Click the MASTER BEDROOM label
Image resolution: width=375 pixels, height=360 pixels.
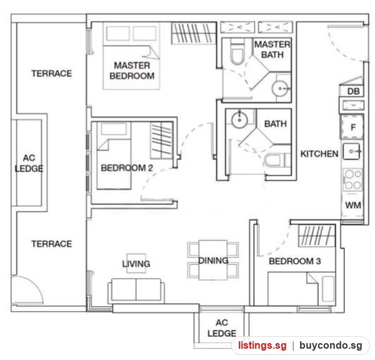point(132,71)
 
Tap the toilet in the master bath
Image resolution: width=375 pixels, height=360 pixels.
point(237,52)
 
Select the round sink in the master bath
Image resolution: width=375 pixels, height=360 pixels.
point(279,89)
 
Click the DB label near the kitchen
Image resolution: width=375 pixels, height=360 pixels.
point(353,91)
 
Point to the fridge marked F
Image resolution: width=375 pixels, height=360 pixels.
point(352,127)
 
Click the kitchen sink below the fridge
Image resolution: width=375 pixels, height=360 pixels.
point(351,151)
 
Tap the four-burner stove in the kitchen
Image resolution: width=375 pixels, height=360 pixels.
point(352,179)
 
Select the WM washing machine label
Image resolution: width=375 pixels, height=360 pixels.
point(353,205)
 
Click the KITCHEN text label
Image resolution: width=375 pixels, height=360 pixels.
point(319,154)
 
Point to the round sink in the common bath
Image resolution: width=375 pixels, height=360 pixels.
point(239,120)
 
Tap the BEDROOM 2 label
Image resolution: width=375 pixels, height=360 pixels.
point(127,168)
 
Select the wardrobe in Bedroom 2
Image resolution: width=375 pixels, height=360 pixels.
point(162,140)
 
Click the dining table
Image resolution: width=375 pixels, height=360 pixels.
point(213,260)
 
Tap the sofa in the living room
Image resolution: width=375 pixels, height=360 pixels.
point(136,290)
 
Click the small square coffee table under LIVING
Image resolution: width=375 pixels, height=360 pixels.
point(136,263)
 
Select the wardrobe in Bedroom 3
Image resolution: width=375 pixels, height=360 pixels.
point(317,236)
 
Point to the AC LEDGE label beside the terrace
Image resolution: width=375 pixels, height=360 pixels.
point(29,163)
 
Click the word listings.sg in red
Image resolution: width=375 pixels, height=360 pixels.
point(262,346)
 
